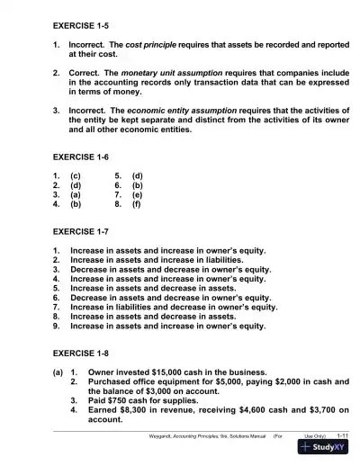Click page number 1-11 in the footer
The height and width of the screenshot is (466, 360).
342,435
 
